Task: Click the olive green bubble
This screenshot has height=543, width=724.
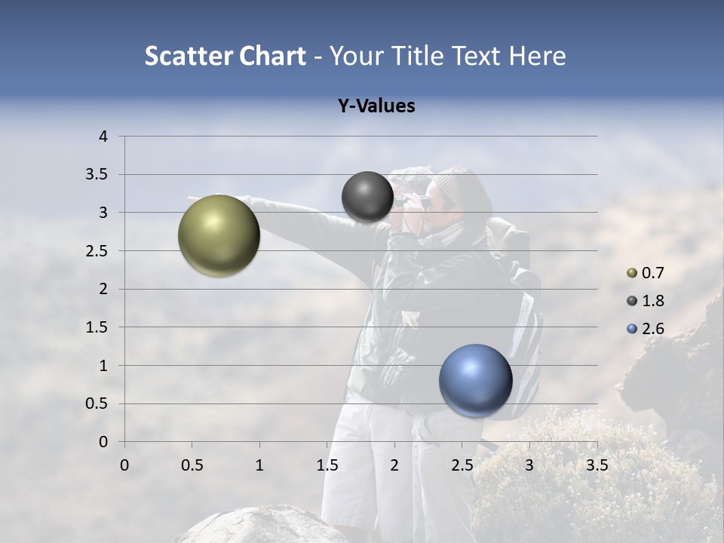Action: click(x=219, y=235)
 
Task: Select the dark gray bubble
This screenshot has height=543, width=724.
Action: click(x=367, y=197)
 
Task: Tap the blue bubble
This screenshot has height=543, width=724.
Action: click(x=475, y=381)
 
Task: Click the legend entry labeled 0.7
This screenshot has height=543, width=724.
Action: click(x=652, y=273)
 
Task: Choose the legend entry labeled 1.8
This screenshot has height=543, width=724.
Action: click(x=652, y=301)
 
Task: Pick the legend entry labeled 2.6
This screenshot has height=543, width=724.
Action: click(x=652, y=329)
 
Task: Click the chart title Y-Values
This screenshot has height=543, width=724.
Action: click(x=376, y=106)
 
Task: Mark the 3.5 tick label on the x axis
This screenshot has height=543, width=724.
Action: click(x=597, y=465)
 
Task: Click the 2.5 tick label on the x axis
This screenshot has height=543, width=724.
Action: click(x=462, y=465)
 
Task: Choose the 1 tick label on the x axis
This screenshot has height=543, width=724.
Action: click(x=259, y=465)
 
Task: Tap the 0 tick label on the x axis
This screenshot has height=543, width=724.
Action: click(x=124, y=465)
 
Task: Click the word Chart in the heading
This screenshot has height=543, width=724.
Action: click(x=272, y=56)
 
